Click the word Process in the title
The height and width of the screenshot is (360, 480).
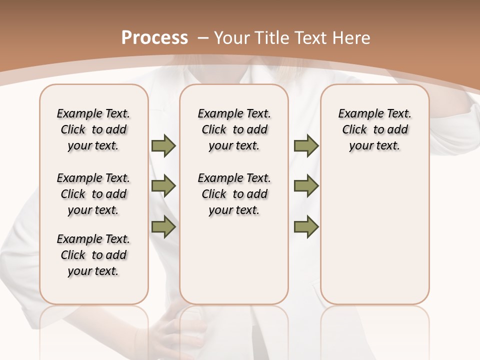pyautogui.click(x=154, y=38)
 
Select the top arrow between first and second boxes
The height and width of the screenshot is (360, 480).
pyautogui.click(x=163, y=145)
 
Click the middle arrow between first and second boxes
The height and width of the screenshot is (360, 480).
pyautogui.click(x=163, y=186)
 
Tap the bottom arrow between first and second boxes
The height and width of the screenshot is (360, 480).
pyautogui.click(x=163, y=226)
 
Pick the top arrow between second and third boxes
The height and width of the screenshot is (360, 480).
pyautogui.click(x=306, y=145)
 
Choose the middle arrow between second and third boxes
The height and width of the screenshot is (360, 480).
pyautogui.click(x=306, y=186)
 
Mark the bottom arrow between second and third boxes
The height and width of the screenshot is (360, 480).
pyautogui.click(x=306, y=226)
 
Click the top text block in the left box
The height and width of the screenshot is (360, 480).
pyautogui.click(x=93, y=129)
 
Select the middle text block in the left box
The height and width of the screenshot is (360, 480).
pyautogui.click(x=93, y=194)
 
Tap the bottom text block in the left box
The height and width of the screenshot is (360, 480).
pyautogui.click(x=93, y=255)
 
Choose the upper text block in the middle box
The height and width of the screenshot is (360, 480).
pyautogui.click(x=234, y=129)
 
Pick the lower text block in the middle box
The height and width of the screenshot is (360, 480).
pyautogui.click(x=234, y=194)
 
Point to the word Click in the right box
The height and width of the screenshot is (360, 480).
pyautogui.click(x=354, y=130)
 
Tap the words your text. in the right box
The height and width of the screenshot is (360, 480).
pyautogui.click(x=374, y=146)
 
